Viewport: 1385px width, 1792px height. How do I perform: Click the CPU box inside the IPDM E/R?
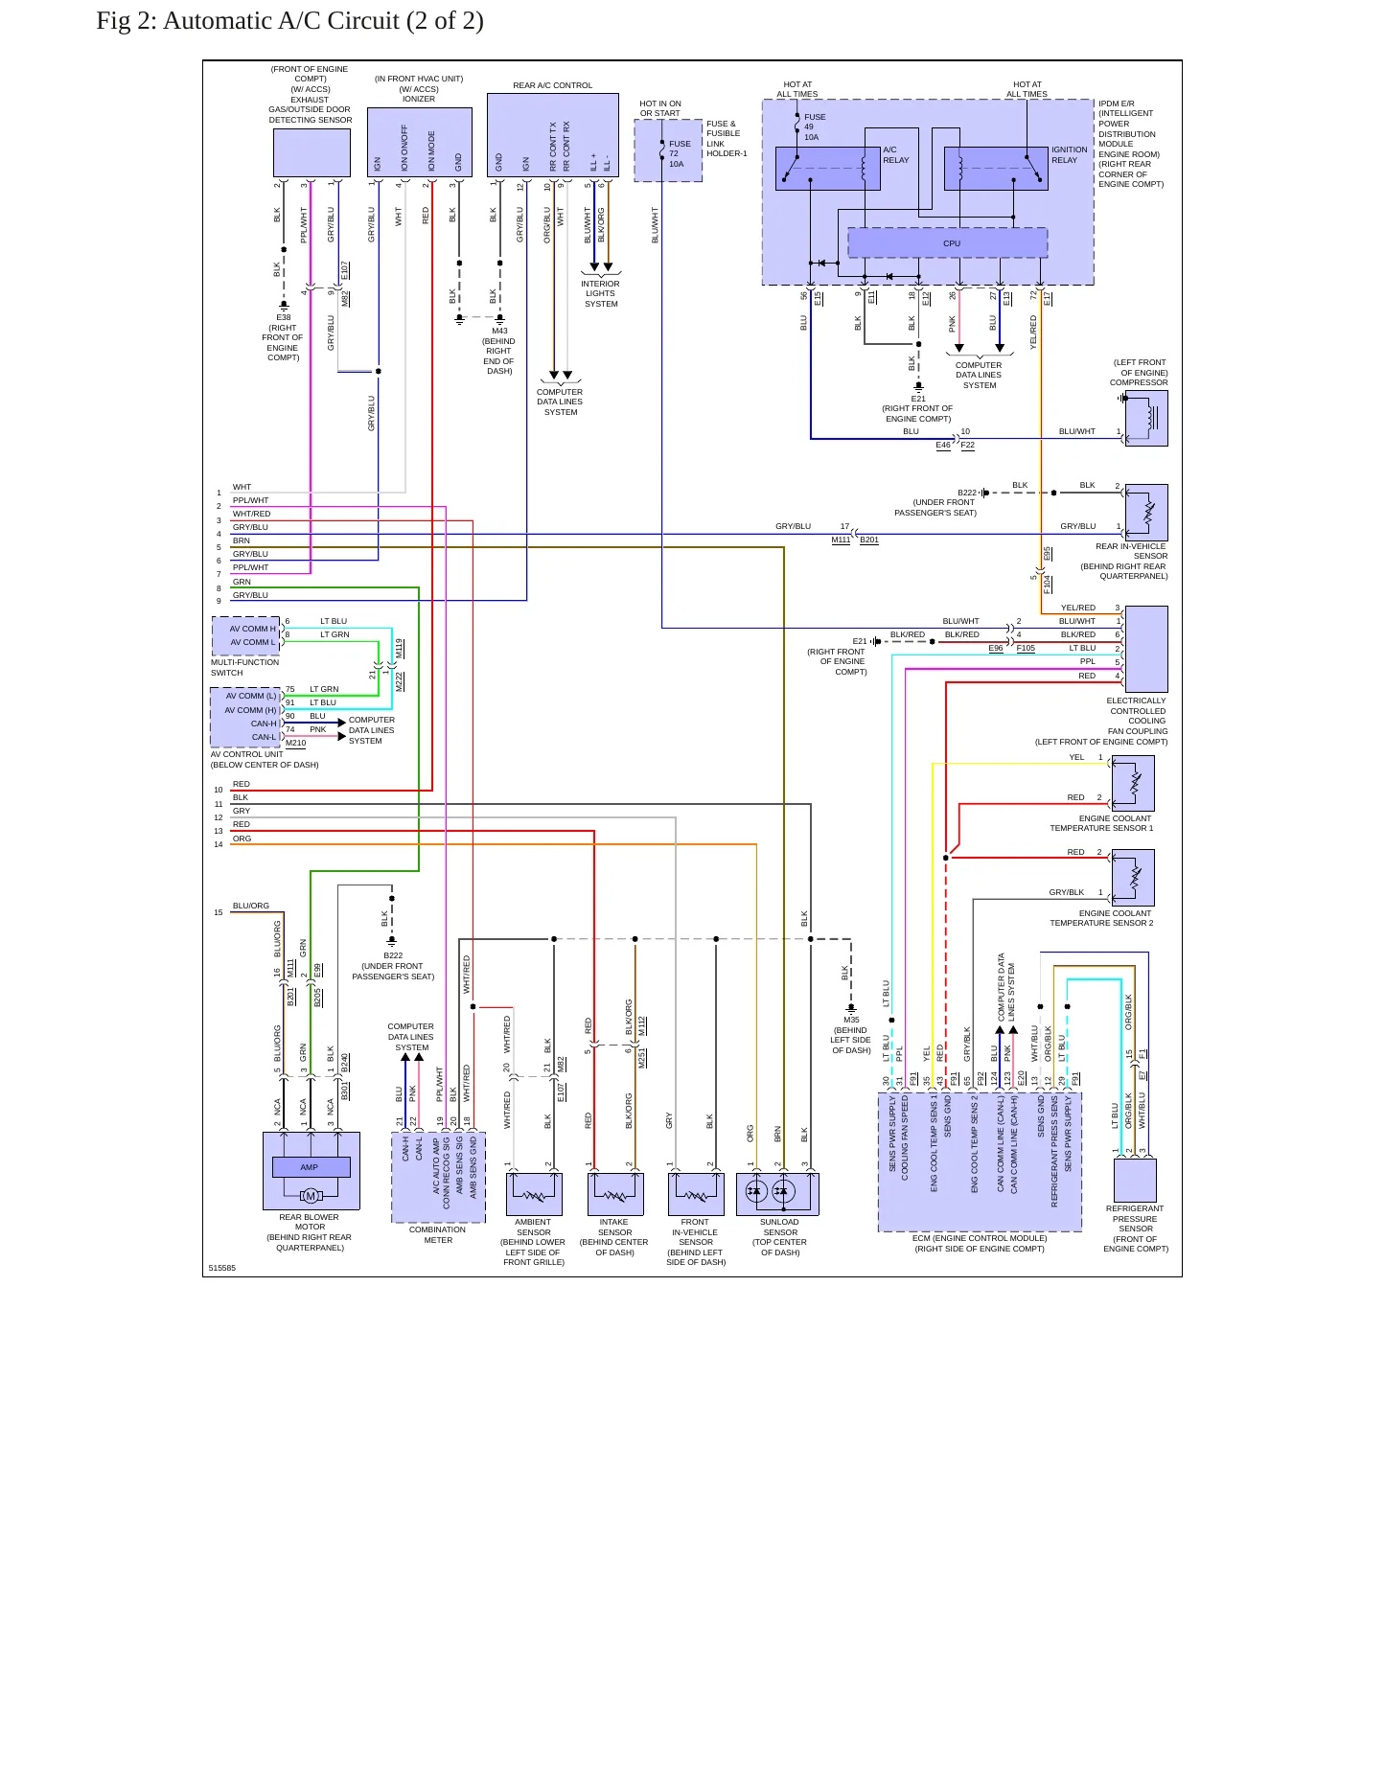(947, 243)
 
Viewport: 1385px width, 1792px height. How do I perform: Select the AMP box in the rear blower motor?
(311, 1167)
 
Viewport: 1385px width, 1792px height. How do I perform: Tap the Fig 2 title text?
(289, 21)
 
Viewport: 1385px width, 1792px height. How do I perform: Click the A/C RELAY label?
(896, 155)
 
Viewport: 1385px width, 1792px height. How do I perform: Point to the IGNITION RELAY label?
(1069, 155)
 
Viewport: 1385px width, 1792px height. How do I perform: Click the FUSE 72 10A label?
(680, 153)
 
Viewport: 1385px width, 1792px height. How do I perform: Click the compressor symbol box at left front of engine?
(1146, 419)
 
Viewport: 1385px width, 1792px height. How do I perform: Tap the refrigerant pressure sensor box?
(1135, 1181)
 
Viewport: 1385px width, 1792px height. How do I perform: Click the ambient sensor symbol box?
(534, 1194)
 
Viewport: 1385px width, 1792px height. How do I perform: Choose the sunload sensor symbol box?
(777, 1194)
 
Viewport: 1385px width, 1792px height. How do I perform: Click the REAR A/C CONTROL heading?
(553, 85)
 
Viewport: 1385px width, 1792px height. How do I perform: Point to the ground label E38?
(284, 317)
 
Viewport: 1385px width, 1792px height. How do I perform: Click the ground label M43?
(499, 332)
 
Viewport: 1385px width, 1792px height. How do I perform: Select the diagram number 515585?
(222, 1268)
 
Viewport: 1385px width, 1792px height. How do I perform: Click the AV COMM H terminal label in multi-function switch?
(252, 629)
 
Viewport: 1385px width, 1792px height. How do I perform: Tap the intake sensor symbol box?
(615, 1194)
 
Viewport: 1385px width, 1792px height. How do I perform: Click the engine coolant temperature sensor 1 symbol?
(1133, 784)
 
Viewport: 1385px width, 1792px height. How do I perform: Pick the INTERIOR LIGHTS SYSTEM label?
(601, 294)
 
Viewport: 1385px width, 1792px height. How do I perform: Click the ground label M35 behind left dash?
(851, 1020)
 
